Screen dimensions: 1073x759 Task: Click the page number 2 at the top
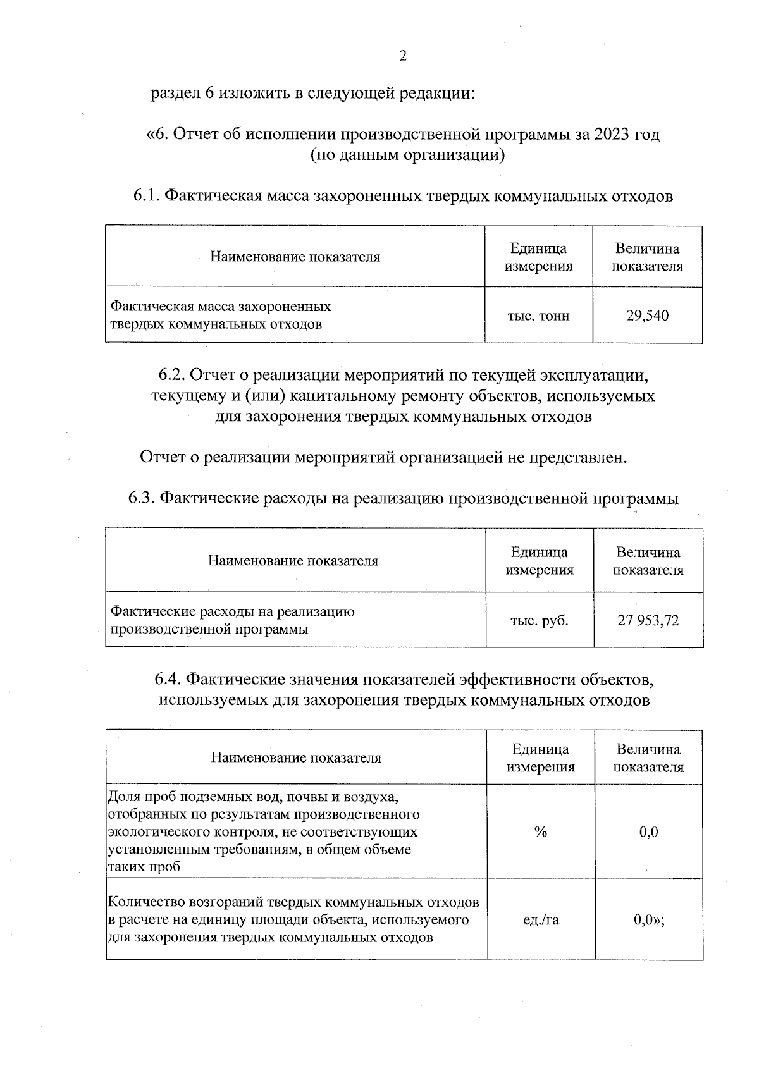[x=402, y=56]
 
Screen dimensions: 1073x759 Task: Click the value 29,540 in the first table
[x=647, y=316]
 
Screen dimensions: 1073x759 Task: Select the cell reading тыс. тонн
[x=538, y=316]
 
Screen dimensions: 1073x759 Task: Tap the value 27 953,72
[x=648, y=620]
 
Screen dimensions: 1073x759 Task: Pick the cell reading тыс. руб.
[x=540, y=620]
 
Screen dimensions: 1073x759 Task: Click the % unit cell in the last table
[x=540, y=831]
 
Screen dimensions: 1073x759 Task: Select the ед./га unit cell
[x=541, y=919]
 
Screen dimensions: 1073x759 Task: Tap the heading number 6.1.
[x=146, y=196]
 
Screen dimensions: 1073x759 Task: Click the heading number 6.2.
[x=171, y=375]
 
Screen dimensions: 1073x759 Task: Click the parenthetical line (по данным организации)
[x=407, y=155]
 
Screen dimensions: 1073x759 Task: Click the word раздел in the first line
[x=173, y=94]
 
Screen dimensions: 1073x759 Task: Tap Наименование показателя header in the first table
[x=295, y=257]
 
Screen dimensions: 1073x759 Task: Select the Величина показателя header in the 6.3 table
[x=648, y=561]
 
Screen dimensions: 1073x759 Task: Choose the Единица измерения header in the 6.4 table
[x=541, y=757]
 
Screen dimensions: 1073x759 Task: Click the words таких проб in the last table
[x=144, y=867]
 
